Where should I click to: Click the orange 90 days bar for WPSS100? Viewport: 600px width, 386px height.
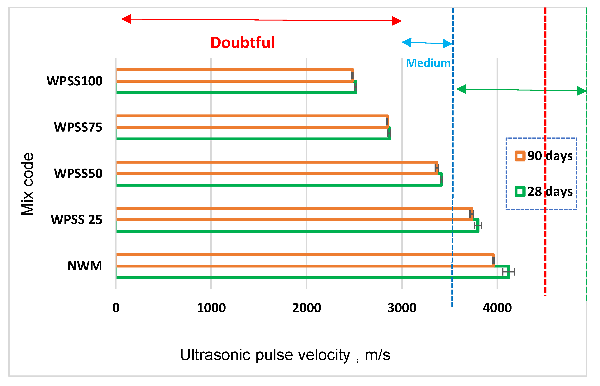(x=235, y=75)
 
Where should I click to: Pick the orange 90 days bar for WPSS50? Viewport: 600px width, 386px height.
(x=277, y=168)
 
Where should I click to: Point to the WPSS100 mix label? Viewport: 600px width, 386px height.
(x=74, y=81)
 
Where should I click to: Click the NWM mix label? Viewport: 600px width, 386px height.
(x=85, y=266)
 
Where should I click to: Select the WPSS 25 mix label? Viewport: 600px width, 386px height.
(x=77, y=220)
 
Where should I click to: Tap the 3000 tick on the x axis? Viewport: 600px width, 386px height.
(x=402, y=308)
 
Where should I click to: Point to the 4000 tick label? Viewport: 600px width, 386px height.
(x=497, y=308)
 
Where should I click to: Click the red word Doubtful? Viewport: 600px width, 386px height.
(x=242, y=42)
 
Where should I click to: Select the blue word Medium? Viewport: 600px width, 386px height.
(x=428, y=63)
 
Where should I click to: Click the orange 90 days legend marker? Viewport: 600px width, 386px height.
(x=520, y=156)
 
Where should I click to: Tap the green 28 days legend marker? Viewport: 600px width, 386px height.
(x=520, y=192)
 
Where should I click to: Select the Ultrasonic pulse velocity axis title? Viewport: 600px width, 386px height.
(x=285, y=355)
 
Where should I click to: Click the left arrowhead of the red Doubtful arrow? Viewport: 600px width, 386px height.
(x=126, y=19)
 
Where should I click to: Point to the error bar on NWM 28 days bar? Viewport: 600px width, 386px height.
(x=508, y=272)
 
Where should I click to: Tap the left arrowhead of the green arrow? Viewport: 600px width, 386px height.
(x=461, y=89)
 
